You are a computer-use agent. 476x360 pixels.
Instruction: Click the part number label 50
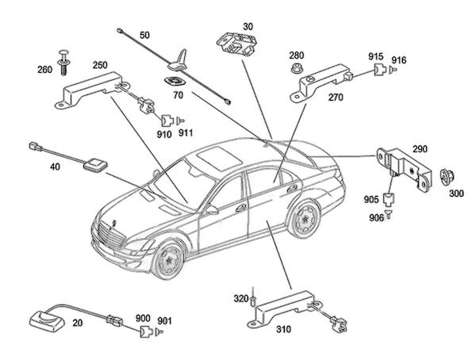144,36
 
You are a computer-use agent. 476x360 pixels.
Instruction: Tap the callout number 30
248,25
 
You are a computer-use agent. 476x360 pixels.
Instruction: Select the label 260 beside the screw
45,70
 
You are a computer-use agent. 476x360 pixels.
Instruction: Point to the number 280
296,56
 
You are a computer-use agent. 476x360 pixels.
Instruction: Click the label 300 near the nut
458,193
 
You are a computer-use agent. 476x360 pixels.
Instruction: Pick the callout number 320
240,299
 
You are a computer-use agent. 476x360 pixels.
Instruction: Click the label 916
398,59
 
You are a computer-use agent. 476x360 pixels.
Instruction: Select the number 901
164,320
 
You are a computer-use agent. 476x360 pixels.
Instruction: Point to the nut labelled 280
296,71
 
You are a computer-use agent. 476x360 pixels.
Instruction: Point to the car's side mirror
212,210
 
